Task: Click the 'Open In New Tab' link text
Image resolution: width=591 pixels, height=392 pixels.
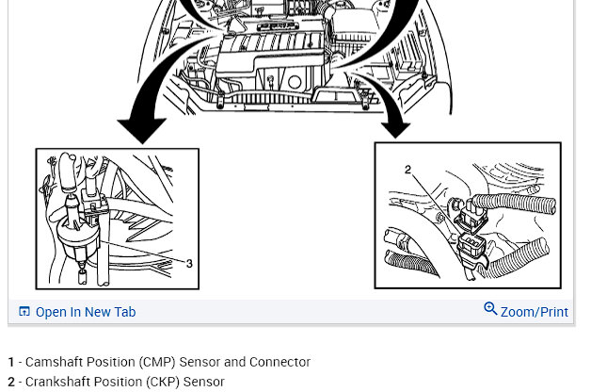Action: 86,312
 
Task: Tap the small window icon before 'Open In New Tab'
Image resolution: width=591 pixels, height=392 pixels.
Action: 24,312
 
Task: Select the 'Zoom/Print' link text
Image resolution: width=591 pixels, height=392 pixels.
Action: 534,312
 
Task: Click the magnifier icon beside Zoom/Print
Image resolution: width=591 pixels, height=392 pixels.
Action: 490,309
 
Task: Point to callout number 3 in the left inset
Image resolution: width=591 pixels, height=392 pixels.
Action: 189,264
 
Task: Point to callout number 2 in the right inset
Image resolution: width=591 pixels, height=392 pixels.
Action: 407,171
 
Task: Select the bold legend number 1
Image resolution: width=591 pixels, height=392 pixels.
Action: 11,362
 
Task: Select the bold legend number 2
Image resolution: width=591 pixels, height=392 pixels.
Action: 11,382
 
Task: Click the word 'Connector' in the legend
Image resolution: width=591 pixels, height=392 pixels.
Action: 280,362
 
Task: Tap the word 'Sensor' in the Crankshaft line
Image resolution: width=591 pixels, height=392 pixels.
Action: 203,382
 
